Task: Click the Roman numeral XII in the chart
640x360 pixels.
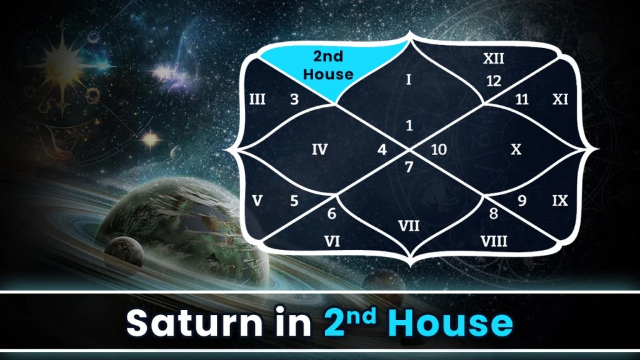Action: pyautogui.click(x=494, y=59)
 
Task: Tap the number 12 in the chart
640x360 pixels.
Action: pyautogui.click(x=494, y=81)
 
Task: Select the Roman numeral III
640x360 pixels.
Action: pyautogui.click(x=257, y=99)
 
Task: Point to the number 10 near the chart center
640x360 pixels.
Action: pyautogui.click(x=439, y=150)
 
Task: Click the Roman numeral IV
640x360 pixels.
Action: pyautogui.click(x=319, y=149)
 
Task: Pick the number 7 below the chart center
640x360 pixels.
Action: pyautogui.click(x=409, y=167)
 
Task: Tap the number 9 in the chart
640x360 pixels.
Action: pyautogui.click(x=522, y=201)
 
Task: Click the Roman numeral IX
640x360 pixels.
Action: pyautogui.click(x=560, y=201)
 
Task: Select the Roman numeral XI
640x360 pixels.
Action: pyautogui.click(x=560, y=99)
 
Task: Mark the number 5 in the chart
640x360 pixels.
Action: pyautogui.click(x=294, y=201)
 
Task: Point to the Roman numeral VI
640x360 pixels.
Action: pyautogui.click(x=332, y=241)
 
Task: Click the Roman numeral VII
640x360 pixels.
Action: pyautogui.click(x=409, y=224)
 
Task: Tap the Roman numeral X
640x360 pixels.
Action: pyautogui.click(x=516, y=149)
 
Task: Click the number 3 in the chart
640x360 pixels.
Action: pyautogui.click(x=294, y=99)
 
